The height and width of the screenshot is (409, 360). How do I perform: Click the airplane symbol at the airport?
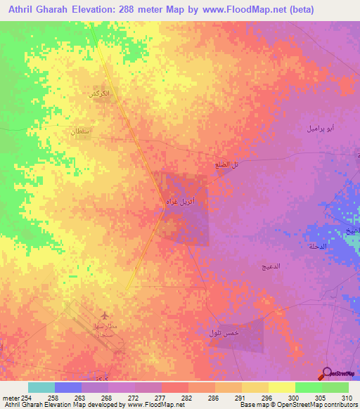(x=106, y=315)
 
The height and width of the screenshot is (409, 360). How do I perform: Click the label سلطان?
(x=80, y=131)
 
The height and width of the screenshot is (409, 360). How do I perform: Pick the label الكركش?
(x=98, y=94)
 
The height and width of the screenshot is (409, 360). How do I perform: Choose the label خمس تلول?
(x=224, y=332)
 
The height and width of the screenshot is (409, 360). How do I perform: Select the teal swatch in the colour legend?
(x=41, y=387)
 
